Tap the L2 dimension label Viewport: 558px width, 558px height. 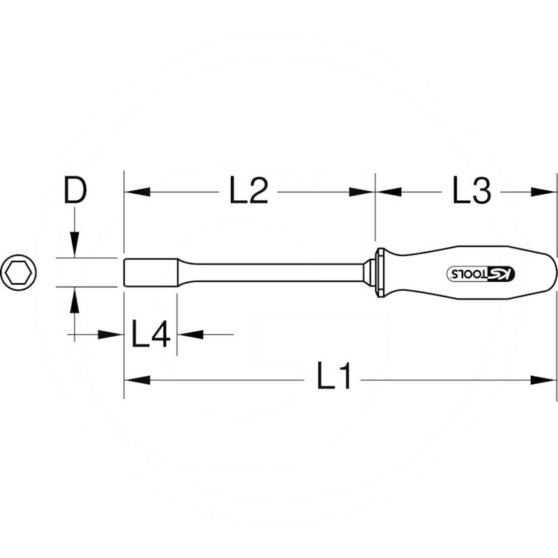point(249,190)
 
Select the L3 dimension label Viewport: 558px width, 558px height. point(471,190)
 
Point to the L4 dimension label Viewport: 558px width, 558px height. point(151,335)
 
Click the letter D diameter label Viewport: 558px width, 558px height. point(74,190)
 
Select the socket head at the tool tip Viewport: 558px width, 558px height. point(150,272)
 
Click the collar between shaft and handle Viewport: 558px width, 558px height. point(378,272)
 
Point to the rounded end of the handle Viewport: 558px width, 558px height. point(551,272)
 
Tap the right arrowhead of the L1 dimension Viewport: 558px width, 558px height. point(545,380)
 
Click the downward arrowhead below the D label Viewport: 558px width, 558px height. point(74,247)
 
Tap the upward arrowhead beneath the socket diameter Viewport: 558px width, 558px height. point(74,299)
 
